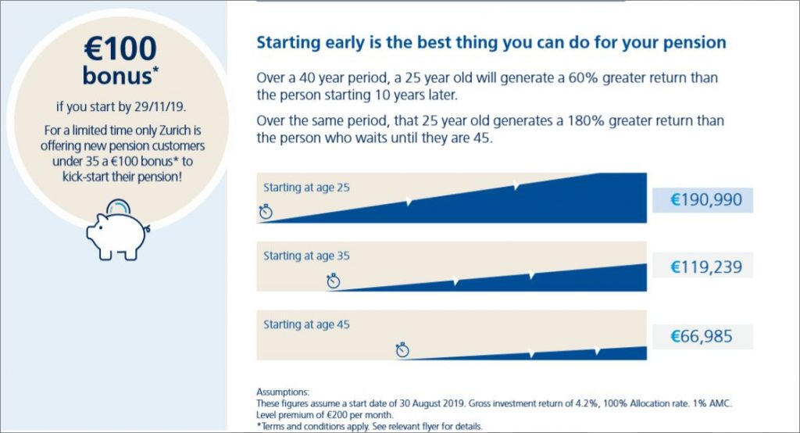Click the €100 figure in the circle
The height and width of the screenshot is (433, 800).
pyautogui.click(x=120, y=49)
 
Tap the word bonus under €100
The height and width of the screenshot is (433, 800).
pyautogui.click(x=117, y=76)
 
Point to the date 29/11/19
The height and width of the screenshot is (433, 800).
pyautogui.click(x=159, y=107)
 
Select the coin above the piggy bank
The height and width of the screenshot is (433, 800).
pyautogui.click(x=118, y=206)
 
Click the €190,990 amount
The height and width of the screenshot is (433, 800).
pyautogui.click(x=706, y=199)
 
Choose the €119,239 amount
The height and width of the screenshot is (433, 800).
pyautogui.click(x=706, y=267)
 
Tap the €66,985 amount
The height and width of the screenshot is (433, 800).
pyautogui.click(x=701, y=337)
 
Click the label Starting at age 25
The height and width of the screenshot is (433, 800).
pyautogui.click(x=306, y=188)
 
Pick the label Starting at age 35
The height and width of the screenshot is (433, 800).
pyautogui.click(x=306, y=256)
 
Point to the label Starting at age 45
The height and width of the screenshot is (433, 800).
pyautogui.click(x=306, y=325)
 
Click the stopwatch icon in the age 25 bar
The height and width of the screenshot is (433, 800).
pyautogui.click(x=266, y=211)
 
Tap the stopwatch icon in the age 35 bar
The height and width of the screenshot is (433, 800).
pyautogui.click(x=334, y=281)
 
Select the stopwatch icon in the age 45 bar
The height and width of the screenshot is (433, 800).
pyautogui.click(x=402, y=350)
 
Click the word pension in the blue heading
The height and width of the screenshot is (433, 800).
pyautogui.click(x=695, y=43)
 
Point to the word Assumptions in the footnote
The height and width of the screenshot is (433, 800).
pyautogui.click(x=283, y=392)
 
